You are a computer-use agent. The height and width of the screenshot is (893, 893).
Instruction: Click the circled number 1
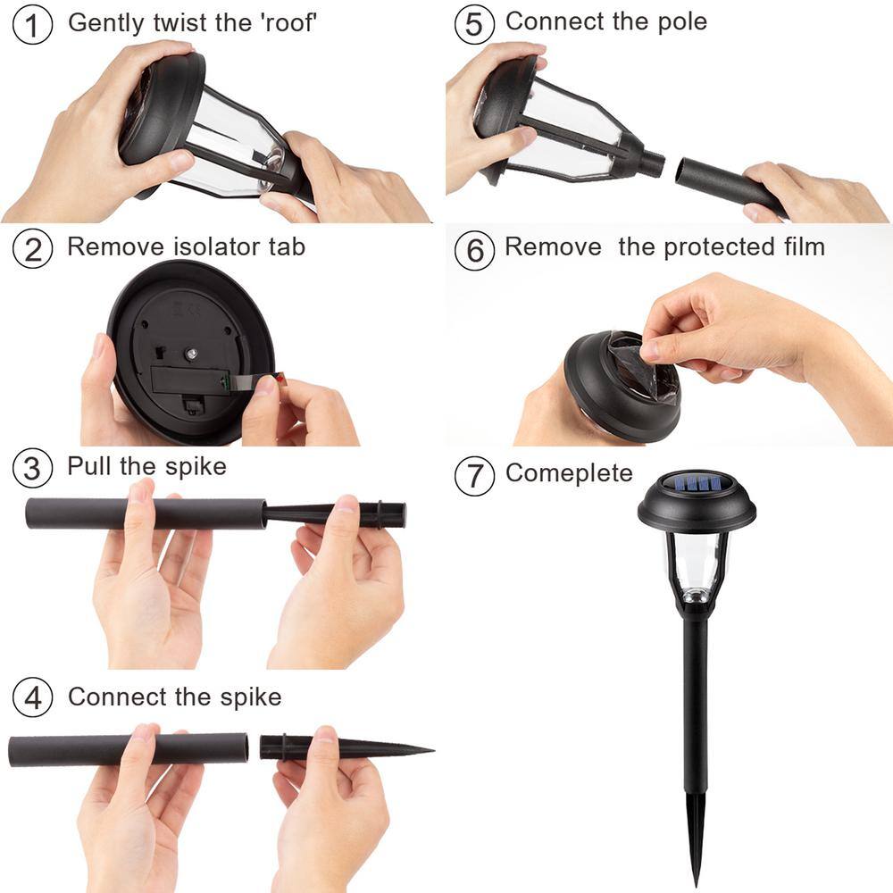pyautogui.click(x=32, y=25)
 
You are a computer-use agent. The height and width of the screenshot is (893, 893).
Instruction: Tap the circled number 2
pyautogui.click(x=32, y=249)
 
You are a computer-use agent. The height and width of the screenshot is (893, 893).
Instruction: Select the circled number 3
pyautogui.click(x=32, y=468)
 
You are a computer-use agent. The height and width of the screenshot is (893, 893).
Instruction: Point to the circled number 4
pyautogui.click(x=32, y=697)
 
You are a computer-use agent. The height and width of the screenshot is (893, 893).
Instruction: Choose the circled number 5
pyautogui.click(x=474, y=25)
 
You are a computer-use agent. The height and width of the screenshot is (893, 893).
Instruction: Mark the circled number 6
pyautogui.click(x=474, y=251)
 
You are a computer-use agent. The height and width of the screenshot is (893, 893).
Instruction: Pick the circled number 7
pyautogui.click(x=474, y=475)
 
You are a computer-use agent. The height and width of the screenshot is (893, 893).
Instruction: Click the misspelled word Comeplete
pyautogui.click(x=569, y=473)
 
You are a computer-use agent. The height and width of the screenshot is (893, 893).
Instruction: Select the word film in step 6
pyautogui.click(x=805, y=246)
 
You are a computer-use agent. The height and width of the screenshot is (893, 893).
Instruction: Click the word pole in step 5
pyautogui.click(x=682, y=22)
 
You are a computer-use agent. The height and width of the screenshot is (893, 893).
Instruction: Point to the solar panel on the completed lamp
pyautogui.click(x=696, y=484)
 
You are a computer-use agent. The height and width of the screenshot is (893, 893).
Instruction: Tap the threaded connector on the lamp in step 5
pyautogui.click(x=653, y=163)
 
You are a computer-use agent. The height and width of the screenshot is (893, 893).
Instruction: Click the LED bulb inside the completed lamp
pyautogui.click(x=694, y=596)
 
